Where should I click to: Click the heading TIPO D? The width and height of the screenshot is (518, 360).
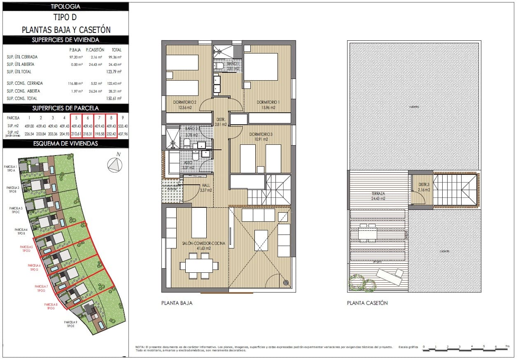(65, 17)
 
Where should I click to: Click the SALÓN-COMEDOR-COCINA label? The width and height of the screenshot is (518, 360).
(203, 246)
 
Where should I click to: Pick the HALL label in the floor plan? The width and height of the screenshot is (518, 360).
(205, 188)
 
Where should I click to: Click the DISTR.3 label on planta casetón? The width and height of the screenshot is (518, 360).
(424, 187)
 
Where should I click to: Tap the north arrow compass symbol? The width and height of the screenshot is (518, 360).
(115, 165)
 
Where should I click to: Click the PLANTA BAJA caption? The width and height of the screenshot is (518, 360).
(177, 303)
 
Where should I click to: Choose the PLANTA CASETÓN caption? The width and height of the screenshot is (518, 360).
(367, 303)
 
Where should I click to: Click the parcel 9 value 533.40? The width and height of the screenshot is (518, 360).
(123, 126)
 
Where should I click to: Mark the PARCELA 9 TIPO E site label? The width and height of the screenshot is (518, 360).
(71, 324)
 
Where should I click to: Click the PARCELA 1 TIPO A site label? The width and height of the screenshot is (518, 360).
(9, 168)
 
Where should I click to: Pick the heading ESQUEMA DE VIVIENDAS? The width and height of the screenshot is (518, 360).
(65, 144)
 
